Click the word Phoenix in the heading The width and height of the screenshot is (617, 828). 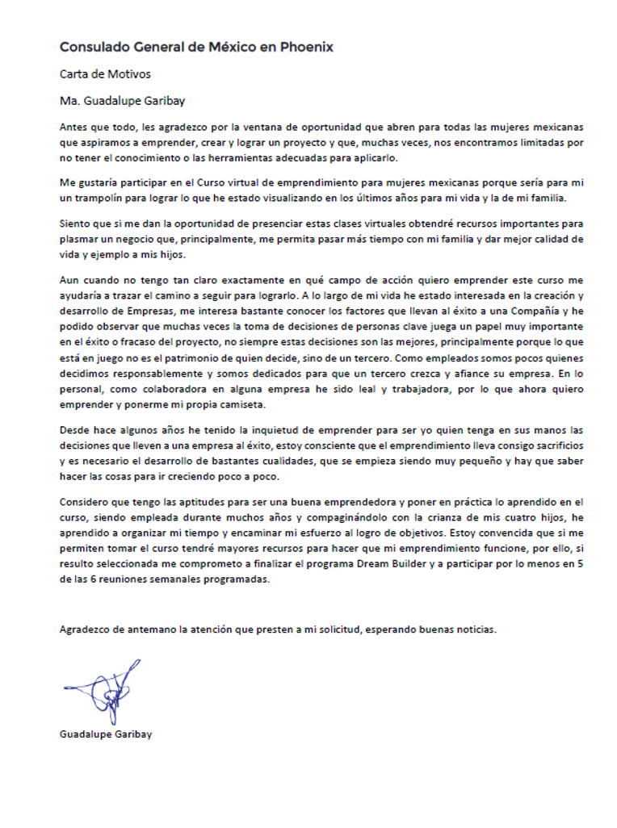[305, 48]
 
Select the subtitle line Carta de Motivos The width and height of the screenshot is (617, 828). [105, 74]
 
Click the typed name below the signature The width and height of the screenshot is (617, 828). [106, 734]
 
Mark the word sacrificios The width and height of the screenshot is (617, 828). [558, 445]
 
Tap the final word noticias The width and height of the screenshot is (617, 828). [474, 629]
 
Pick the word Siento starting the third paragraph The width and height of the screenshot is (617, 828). [76, 224]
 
